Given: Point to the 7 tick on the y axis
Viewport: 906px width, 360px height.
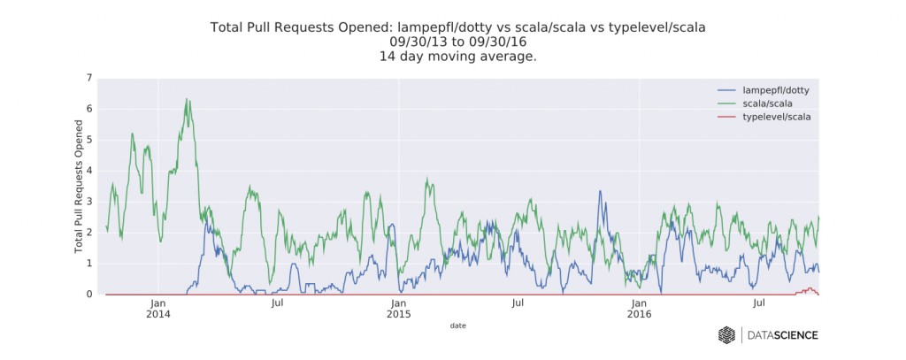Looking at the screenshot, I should pyautogui.click(x=88, y=78).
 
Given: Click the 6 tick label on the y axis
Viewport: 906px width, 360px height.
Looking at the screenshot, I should pyautogui.click(x=88, y=109).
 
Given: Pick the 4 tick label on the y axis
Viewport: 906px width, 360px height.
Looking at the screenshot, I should pyautogui.click(x=88, y=171).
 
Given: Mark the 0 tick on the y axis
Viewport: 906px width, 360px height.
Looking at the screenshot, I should pyautogui.click(x=88, y=295).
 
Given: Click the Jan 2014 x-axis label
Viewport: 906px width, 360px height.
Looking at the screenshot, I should pyautogui.click(x=157, y=309).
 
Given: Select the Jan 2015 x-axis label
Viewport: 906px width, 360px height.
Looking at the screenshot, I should pyautogui.click(x=398, y=309).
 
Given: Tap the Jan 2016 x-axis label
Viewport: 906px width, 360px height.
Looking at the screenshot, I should pyautogui.click(x=639, y=309).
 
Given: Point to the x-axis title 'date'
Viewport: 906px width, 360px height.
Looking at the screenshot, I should pyautogui.click(x=457, y=326).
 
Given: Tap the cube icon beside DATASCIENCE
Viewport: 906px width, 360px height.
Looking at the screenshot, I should pyautogui.click(x=726, y=334).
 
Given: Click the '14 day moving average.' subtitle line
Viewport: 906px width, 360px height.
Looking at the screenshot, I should pyautogui.click(x=457, y=56).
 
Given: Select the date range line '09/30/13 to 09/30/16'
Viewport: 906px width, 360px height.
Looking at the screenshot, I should pyautogui.click(x=457, y=41).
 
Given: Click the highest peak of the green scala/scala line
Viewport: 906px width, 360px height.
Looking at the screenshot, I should pyautogui.click(x=187, y=99).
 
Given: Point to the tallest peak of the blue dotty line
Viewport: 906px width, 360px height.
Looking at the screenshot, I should pyautogui.click(x=600, y=191).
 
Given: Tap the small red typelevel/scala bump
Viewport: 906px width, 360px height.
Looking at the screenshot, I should pyautogui.click(x=810, y=288).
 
